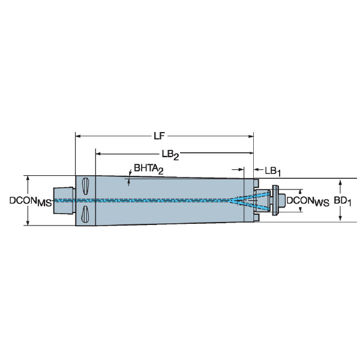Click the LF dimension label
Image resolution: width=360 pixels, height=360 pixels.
pos(159,136)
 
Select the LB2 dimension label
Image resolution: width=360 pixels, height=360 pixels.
pos(170,155)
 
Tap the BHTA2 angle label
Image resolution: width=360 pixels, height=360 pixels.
pos(149,169)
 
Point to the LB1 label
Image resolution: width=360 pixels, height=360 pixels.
pos(273,172)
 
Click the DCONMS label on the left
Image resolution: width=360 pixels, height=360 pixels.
pos(31,202)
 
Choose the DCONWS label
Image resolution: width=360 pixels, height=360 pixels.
pos(308,202)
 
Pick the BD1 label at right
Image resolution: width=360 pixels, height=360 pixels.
pos(343,202)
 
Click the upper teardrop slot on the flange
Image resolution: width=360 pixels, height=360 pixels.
pos(85,186)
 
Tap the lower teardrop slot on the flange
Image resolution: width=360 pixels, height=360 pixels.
pos(85,214)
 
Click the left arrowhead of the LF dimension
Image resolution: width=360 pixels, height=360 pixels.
pos(78,136)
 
